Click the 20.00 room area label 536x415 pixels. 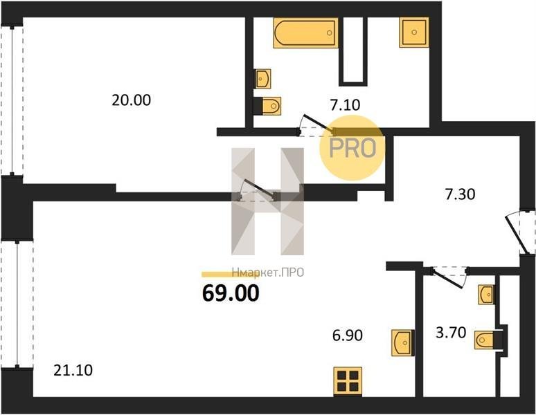[x=132, y=100]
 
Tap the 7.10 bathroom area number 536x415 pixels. [x=345, y=104]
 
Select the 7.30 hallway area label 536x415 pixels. [x=460, y=194]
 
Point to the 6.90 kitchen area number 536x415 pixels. [x=348, y=335]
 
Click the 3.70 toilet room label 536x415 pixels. [x=451, y=332]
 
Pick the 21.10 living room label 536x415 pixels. [x=73, y=370]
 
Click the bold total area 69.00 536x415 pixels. [x=231, y=293]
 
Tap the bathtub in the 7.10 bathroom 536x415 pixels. [x=305, y=33]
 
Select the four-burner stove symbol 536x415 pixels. [x=348, y=382]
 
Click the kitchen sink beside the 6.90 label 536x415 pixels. [x=403, y=342]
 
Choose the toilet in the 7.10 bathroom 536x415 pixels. [x=267, y=106]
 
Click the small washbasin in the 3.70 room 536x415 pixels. [x=486, y=294]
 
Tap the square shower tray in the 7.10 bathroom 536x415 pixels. [x=414, y=33]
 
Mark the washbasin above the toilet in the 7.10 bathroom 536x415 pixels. [x=262, y=79]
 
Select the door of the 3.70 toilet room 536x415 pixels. [x=449, y=276]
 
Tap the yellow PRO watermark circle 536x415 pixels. [x=352, y=148]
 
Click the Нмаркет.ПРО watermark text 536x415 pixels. [x=268, y=273]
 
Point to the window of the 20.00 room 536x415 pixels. [x=12, y=100]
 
